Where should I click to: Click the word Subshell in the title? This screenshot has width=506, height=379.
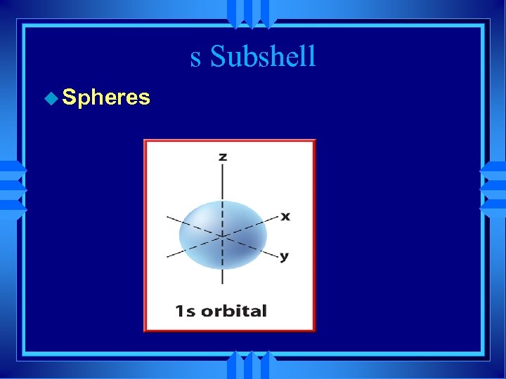tap(264, 56)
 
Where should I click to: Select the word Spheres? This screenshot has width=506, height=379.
tap(106, 97)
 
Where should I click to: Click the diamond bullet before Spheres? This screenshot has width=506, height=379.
tap(51, 98)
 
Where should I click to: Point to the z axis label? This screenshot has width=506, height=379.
tap(222, 156)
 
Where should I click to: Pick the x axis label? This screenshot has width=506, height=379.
tap(285, 215)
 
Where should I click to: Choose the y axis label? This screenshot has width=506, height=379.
tap(284, 256)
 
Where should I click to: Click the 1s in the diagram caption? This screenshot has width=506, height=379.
tap(185, 310)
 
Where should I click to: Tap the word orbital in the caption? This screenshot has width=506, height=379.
tap(234, 310)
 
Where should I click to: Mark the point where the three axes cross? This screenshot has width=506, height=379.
tap(222, 237)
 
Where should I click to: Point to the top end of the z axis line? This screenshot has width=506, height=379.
tap(222, 166)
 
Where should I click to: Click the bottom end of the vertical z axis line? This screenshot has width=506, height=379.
tap(222, 284)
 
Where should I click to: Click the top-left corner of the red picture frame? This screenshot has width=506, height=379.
tap(145, 141)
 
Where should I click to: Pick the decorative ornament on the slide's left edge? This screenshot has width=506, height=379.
tap(13, 188)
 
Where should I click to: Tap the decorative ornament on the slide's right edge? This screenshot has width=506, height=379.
tap(493, 188)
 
